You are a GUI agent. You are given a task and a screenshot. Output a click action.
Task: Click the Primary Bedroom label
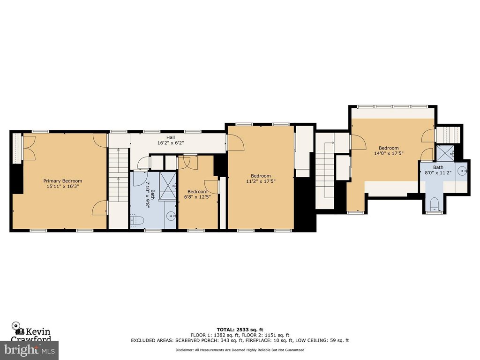[x=62, y=181]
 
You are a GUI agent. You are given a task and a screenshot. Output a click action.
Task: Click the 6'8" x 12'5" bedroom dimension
[x=197, y=197]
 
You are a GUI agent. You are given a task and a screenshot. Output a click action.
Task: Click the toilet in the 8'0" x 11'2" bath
[x=434, y=203]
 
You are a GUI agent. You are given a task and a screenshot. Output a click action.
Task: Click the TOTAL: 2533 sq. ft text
[x=239, y=330]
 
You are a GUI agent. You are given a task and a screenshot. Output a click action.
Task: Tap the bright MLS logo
[x=29, y=349]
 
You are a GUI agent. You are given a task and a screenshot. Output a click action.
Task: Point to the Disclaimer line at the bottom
[x=240, y=350]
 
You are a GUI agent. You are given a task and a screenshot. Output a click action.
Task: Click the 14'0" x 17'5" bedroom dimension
[x=389, y=153]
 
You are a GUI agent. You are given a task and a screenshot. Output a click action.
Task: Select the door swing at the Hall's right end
[x=235, y=142]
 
